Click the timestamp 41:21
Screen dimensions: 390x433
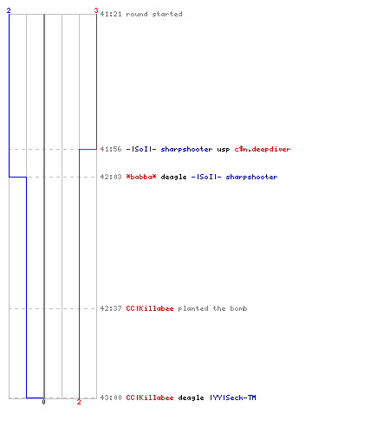pos(111,14)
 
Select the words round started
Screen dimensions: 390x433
pos(154,14)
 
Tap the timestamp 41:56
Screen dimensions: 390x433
pos(111,149)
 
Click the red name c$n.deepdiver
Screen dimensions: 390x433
pos(263,149)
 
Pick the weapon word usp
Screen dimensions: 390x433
pos(224,150)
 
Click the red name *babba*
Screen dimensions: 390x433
pos(141,177)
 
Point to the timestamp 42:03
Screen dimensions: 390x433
pos(111,177)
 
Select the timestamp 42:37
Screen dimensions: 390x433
pos(111,308)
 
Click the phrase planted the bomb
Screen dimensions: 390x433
pos(212,308)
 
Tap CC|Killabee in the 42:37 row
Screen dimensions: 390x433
pos(150,308)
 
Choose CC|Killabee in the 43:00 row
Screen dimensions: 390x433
pos(150,397)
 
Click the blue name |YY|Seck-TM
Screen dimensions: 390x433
pos(233,397)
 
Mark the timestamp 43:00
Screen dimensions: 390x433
pos(111,397)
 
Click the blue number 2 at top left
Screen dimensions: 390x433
pos(9,10)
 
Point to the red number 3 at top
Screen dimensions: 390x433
pos(96,10)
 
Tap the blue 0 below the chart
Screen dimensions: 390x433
pos(43,402)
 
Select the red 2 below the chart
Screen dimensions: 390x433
pos(79,402)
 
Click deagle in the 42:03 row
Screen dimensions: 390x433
pos(173,177)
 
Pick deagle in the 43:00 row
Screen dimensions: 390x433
pos(191,398)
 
